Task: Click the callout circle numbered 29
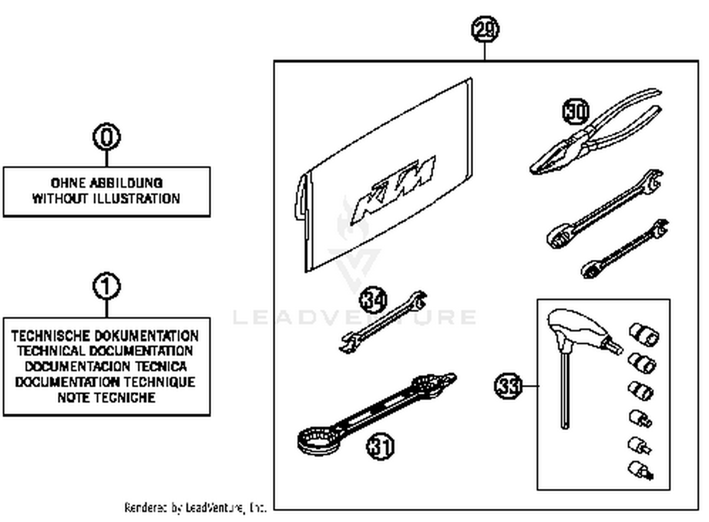(x=485, y=29)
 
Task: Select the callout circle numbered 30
(x=576, y=111)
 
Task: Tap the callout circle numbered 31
(x=380, y=446)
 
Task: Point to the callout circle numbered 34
(x=373, y=300)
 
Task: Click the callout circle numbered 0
(x=106, y=137)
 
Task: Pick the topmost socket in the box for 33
(x=644, y=334)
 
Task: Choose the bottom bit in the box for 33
(x=640, y=470)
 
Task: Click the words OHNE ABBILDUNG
(x=106, y=183)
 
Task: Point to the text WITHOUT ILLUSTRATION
(x=106, y=198)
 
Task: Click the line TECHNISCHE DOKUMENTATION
(x=105, y=336)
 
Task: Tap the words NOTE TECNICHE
(x=106, y=397)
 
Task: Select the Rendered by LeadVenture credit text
(x=195, y=508)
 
